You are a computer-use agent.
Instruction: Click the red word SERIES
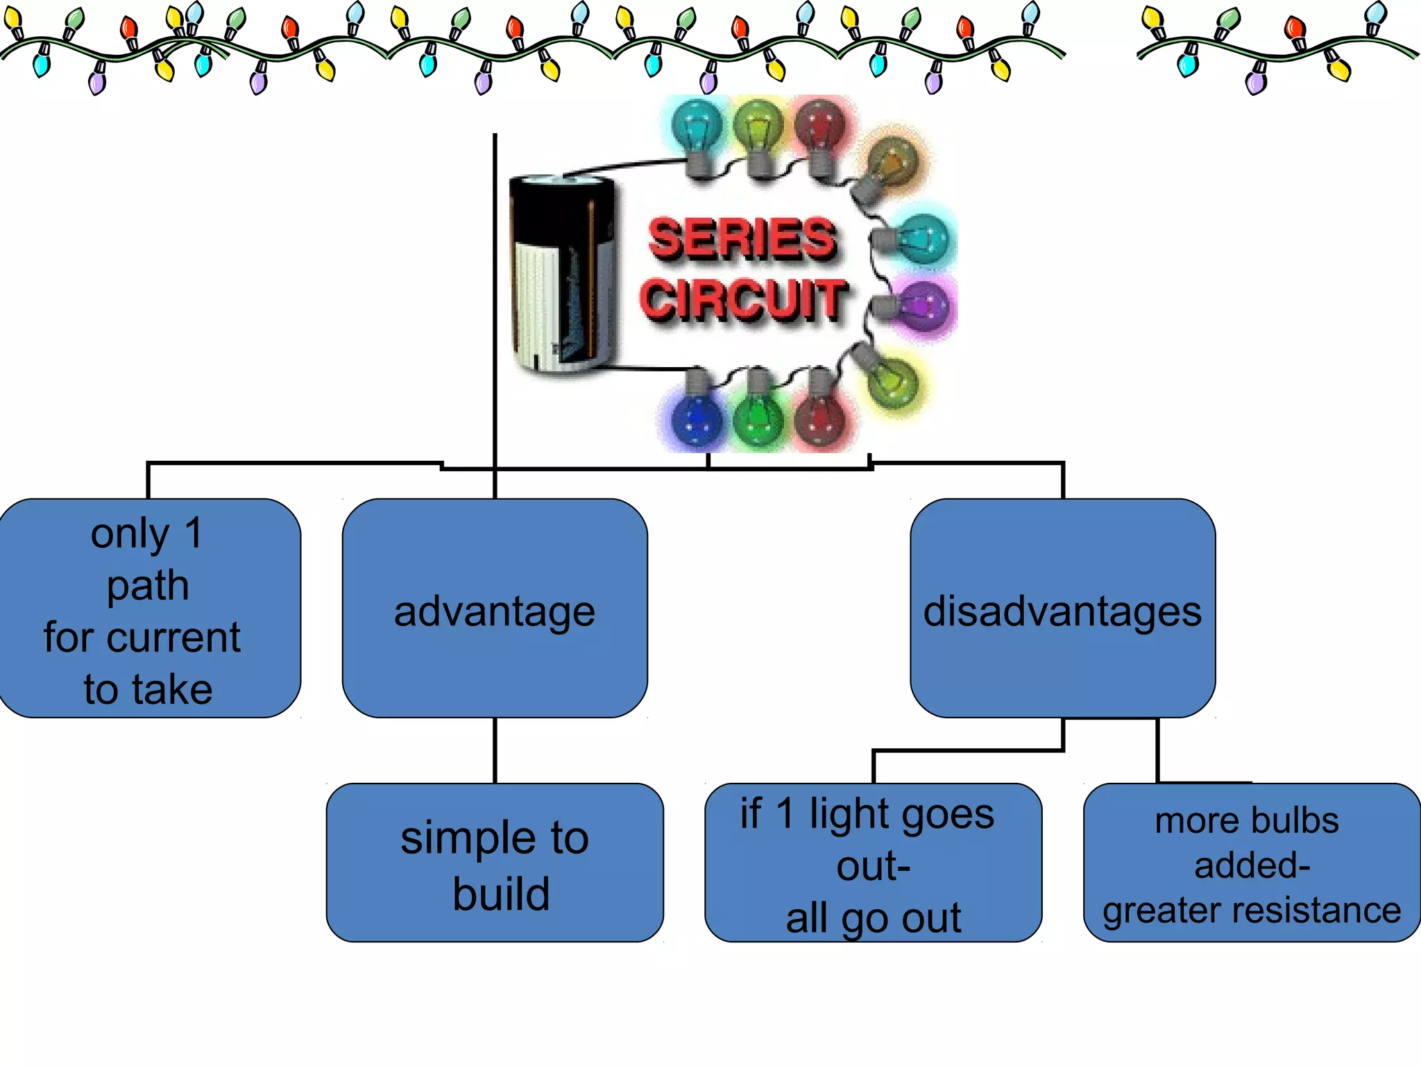click(742, 239)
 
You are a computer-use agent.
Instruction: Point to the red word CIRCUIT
click(742, 300)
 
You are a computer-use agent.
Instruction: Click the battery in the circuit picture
click(562, 274)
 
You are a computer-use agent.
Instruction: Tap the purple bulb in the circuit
click(923, 306)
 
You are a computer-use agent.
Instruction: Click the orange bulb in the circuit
click(892, 164)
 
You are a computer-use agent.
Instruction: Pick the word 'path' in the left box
click(148, 586)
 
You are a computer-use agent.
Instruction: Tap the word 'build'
click(501, 894)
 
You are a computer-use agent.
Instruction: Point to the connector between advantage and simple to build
click(495, 750)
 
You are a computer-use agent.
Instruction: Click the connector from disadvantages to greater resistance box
click(1157, 750)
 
